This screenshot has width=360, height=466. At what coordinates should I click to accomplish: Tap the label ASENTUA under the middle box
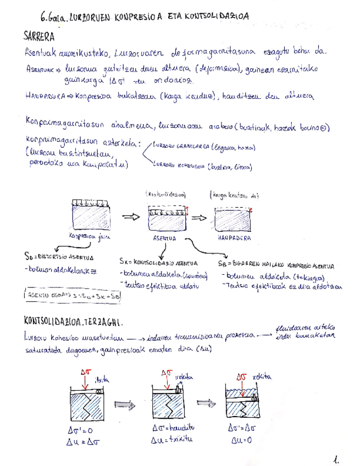pyautogui.click(x=164, y=239)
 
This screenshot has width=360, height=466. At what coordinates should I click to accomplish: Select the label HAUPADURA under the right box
pyautogui.click(x=231, y=238)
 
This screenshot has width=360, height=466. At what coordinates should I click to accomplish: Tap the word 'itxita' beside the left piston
pyautogui.click(x=103, y=379)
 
